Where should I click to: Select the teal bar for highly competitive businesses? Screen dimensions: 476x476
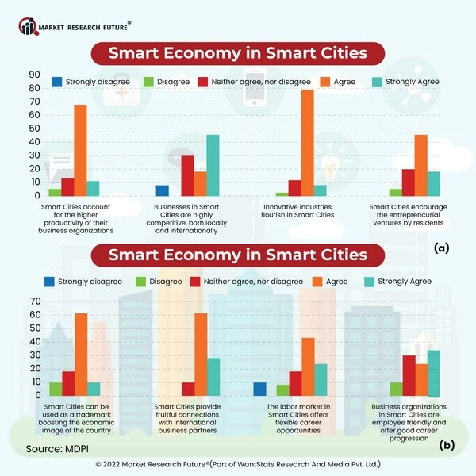click(213, 165)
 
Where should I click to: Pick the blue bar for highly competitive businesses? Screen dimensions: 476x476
click(163, 190)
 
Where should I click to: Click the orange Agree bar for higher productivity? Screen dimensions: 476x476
click(80, 150)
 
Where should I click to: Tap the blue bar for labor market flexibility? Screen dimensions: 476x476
click(259, 389)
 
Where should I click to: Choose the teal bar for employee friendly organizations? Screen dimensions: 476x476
click(433, 373)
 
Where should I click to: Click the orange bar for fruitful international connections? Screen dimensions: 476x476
click(201, 354)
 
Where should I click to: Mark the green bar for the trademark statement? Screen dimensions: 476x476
click(56, 389)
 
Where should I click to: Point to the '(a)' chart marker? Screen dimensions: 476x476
click(442, 248)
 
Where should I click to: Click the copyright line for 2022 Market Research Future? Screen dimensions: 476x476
click(238, 464)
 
